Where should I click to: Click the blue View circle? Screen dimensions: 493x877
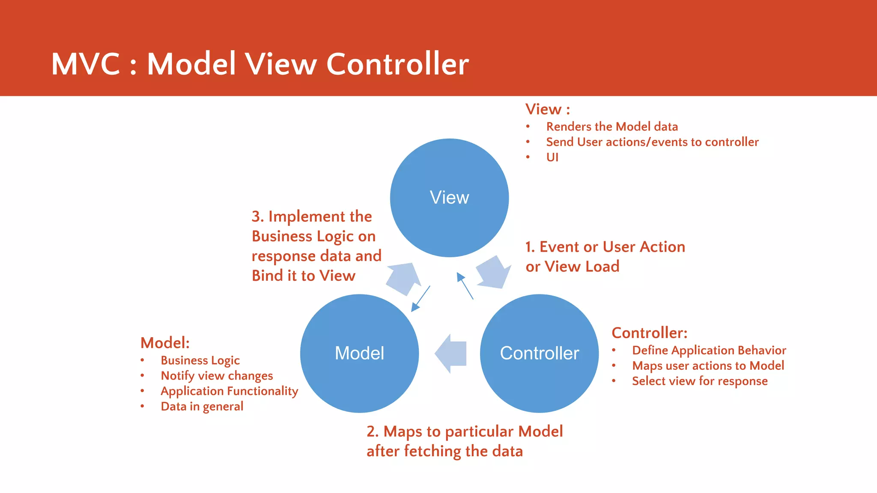[449, 198]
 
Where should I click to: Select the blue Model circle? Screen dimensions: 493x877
[359, 353]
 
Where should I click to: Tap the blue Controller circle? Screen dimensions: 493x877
[539, 353]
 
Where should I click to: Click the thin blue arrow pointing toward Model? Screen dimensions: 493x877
[421, 298]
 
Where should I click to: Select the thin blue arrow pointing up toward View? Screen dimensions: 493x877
[465, 285]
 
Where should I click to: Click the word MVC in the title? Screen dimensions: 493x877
[86, 64]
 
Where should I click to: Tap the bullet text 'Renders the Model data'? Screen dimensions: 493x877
[612, 127]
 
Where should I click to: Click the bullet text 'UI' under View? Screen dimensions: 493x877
[552, 157]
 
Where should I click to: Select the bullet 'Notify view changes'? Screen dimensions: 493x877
[217, 376]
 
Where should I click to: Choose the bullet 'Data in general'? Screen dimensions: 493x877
[202, 407]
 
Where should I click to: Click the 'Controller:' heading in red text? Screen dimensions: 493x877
[649, 333]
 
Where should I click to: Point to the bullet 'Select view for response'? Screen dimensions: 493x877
[700, 381]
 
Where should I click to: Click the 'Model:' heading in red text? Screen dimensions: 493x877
[165, 343]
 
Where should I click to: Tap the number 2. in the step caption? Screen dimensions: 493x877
[372, 431]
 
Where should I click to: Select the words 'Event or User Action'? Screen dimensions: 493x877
[612, 247]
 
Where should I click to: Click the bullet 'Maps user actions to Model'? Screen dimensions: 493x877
[708, 366]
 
